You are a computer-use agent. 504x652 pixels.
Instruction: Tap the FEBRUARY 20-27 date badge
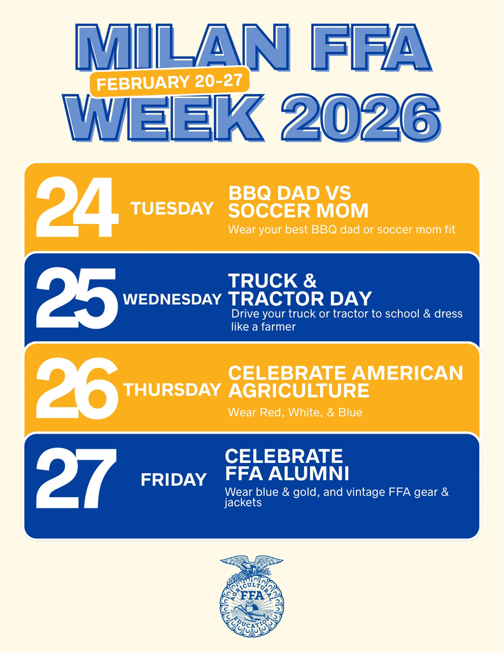coord(169,83)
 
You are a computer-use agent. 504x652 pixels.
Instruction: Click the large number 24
coord(76,208)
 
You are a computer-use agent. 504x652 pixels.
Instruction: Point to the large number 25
coord(76,298)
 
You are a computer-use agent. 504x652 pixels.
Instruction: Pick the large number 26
coord(76,388)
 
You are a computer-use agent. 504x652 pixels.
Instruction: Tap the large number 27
coord(76,479)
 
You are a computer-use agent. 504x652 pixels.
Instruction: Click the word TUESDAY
coord(172,209)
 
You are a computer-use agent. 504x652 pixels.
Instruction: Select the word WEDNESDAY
coord(172,299)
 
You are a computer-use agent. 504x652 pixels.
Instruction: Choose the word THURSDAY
coord(172,390)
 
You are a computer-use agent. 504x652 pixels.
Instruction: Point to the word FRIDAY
coord(174,480)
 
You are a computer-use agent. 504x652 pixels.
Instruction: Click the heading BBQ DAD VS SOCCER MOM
coord(298,202)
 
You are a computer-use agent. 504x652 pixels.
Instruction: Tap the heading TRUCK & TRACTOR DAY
coord(300,290)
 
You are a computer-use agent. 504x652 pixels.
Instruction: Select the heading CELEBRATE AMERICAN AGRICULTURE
coord(345,381)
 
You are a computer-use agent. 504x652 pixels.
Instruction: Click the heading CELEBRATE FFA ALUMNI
coord(287,465)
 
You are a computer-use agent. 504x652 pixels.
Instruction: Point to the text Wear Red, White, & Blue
coord(295,413)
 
